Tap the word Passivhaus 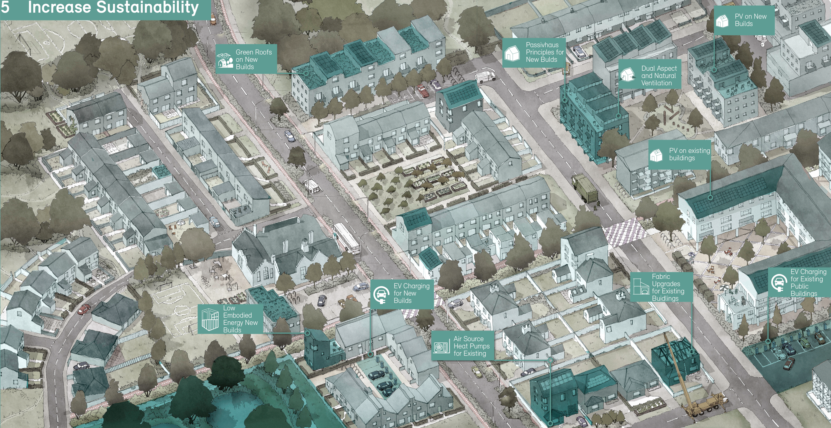click(x=542, y=45)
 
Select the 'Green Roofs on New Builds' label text click(x=253, y=59)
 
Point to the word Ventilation click(x=656, y=83)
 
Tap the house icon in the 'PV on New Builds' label click(x=722, y=21)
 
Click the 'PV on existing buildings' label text click(x=689, y=154)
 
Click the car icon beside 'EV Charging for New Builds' click(x=381, y=294)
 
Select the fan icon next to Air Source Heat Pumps click(x=440, y=347)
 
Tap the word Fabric click(x=661, y=276)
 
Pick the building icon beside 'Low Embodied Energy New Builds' click(x=210, y=319)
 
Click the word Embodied click(x=237, y=315)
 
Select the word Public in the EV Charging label click(x=799, y=286)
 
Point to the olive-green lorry click(x=584, y=189)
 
